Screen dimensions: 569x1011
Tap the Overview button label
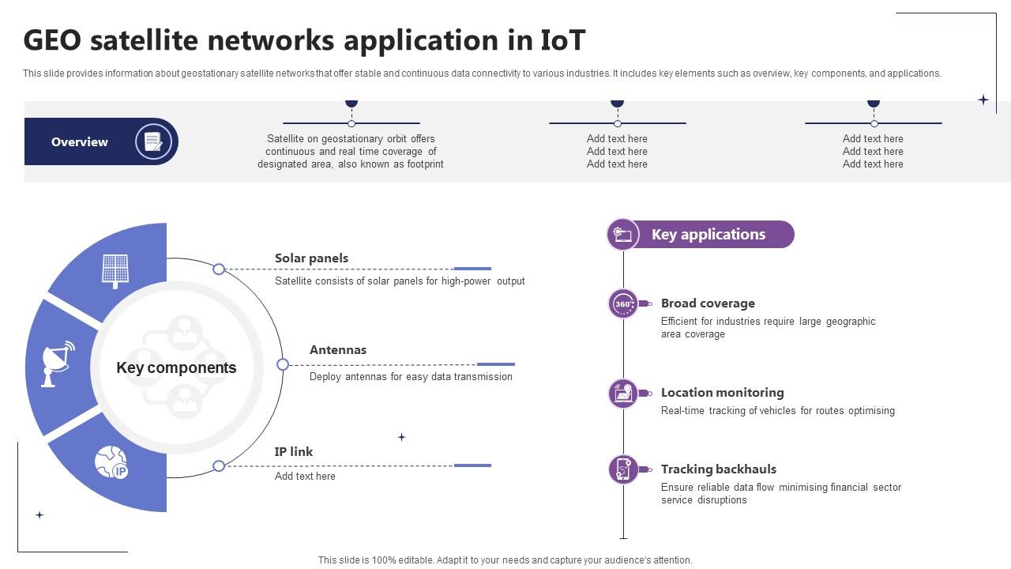point(80,142)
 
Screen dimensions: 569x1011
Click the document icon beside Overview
point(153,142)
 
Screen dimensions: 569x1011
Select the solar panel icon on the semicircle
point(115,270)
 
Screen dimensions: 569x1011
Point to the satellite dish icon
point(58,364)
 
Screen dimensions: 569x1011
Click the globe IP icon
point(111,462)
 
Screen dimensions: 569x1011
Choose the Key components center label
point(176,367)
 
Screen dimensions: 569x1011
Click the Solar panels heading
point(311,258)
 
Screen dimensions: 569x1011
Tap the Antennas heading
point(338,350)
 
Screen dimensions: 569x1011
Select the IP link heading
point(294,452)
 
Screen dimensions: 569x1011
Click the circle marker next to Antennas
point(283,364)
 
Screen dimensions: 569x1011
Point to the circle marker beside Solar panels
point(219,269)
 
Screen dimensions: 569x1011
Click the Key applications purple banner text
point(708,235)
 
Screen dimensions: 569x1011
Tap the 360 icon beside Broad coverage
point(623,303)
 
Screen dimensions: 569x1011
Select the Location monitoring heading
point(723,393)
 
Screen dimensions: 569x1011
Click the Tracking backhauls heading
point(719,469)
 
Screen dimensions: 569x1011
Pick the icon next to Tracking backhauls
point(623,469)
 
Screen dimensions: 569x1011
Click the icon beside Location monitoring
point(623,393)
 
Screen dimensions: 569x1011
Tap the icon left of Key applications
point(622,235)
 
